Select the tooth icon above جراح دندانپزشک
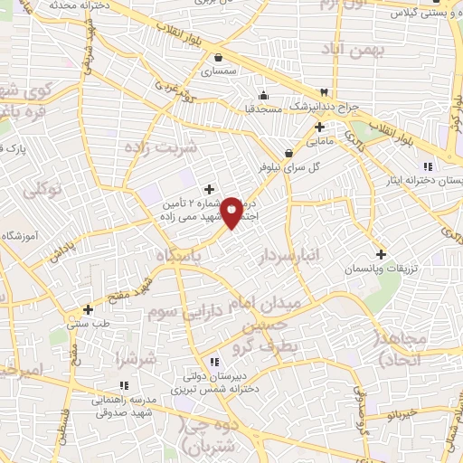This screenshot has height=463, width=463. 324,92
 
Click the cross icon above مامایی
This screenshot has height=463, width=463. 320,126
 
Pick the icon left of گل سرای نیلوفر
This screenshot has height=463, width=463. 288,153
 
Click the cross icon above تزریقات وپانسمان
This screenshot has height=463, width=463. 381,255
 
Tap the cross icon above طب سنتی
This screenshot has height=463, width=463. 88,308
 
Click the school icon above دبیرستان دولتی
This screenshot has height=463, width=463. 213,362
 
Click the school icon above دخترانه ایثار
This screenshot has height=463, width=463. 428,166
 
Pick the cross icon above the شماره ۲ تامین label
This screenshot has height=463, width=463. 210,190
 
